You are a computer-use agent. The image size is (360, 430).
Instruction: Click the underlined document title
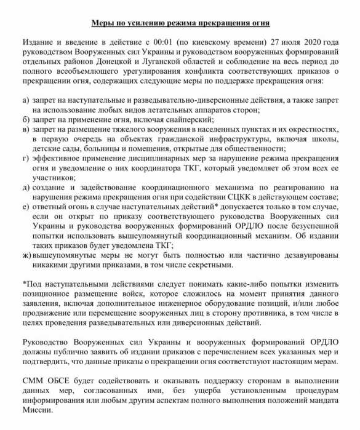pos(180,23)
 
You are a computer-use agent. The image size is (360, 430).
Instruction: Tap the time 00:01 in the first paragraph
pos(170,42)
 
